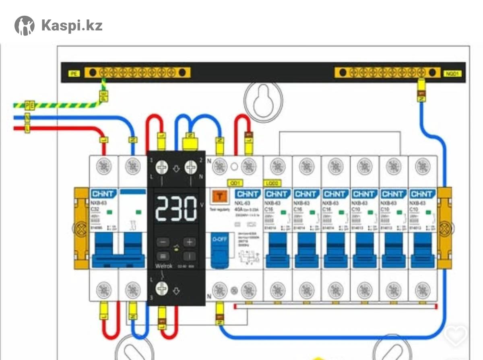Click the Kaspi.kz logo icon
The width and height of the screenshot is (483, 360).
[25, 26]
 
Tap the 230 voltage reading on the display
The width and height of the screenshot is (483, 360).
[176, 210]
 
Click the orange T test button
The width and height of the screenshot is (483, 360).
[220, 196]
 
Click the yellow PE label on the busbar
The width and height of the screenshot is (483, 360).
[74, 74]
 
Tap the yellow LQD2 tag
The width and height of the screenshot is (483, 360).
[272, 183]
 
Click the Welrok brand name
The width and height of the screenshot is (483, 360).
[164, 266]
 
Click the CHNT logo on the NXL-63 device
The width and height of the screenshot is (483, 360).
[248, 194]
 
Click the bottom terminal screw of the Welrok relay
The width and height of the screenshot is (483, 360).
[162, 289]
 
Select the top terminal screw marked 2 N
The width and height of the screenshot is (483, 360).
[192, 167]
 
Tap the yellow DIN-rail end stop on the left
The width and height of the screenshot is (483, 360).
[81, 228]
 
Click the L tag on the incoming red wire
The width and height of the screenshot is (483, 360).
[27, 129]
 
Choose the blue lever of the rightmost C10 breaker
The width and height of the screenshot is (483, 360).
[423, 249]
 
